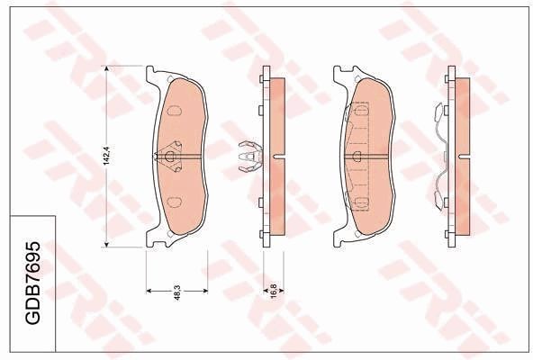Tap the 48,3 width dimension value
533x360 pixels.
176,291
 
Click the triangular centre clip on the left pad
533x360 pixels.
170,157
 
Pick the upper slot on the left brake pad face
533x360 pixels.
174,112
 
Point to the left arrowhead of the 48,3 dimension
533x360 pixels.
149,291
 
